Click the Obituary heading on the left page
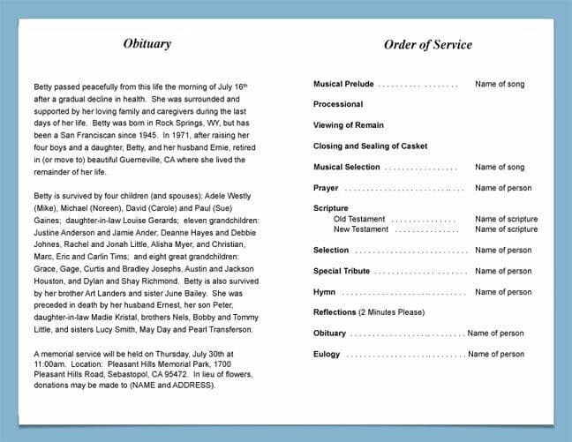point(147,44)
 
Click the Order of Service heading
point(427,45)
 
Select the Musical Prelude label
point(343,85)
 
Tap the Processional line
point(337,105)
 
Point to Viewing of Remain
point(347,125)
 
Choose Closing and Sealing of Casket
point(370,146)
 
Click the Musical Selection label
point(347,168)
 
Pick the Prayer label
point(326,188)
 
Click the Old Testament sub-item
point(359,219)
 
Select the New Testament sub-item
point(361,229)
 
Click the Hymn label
point(324,292)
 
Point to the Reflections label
point(334,312)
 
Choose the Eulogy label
point(327,354)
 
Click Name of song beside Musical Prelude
point(500,85)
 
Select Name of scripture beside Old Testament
point(506,219)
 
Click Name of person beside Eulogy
point(496,354)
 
